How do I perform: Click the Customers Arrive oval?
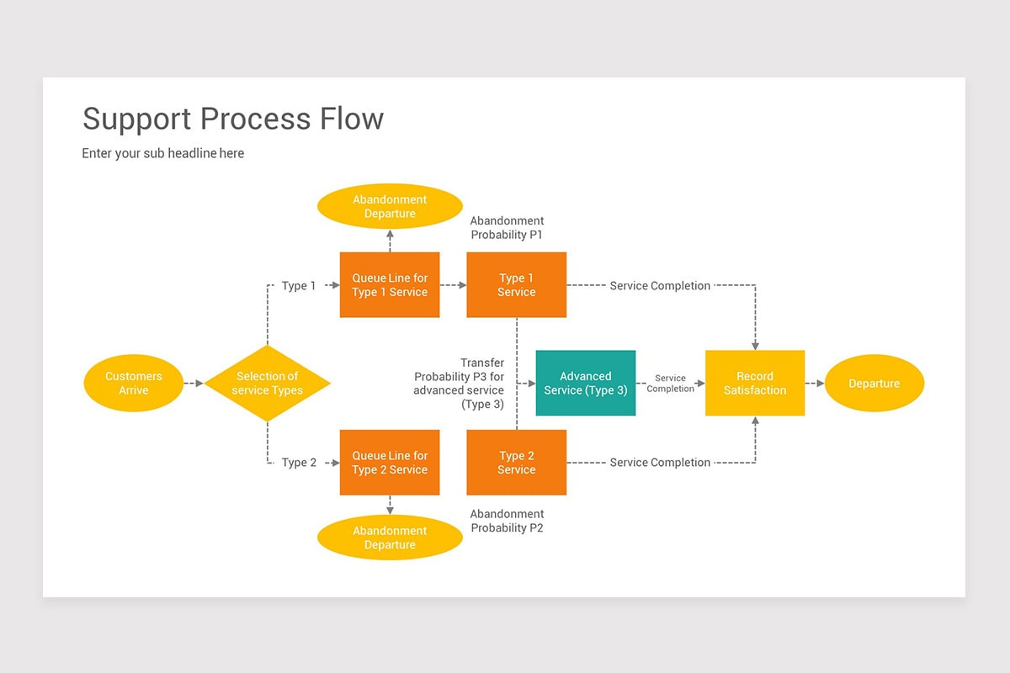[133, 384]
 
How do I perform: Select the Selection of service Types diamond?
[268, 384]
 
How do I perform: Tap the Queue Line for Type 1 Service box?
[390, 285]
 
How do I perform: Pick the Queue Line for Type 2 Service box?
[390, 463]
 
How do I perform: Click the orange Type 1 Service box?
[516, 285]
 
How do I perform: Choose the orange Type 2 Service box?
[516, 463]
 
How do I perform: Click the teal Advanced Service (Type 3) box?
[585, 384]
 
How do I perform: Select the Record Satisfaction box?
[755, 384]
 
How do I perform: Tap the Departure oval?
[874, 384]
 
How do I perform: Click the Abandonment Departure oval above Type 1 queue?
[390, 207]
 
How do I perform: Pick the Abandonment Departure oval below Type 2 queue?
[390, 538]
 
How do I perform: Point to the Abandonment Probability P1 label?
[507, 228]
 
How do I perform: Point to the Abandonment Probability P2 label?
[507, 521]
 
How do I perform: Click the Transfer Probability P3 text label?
[460, 384]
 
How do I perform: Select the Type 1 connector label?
[299, 286]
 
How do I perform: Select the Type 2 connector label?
[299, 463]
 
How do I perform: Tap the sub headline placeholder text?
[162, 153]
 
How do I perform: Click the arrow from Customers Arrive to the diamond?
[194, 384]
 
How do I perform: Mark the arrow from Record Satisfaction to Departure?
[815, 384]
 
